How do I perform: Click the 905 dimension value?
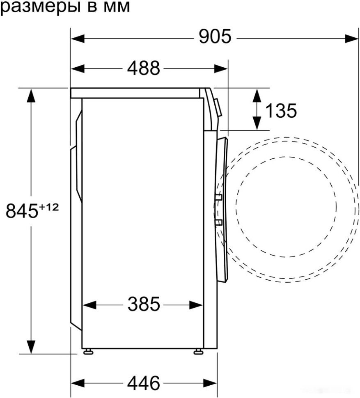(215, 38)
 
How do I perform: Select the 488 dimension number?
(143, 68)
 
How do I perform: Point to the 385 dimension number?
(143, 304)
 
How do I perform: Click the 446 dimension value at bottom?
(143, 383)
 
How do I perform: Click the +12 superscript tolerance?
(49, 207)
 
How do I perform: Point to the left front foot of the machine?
(88, 352)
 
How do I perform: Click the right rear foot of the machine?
(198, 352)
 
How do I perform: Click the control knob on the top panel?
(218, 108)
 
